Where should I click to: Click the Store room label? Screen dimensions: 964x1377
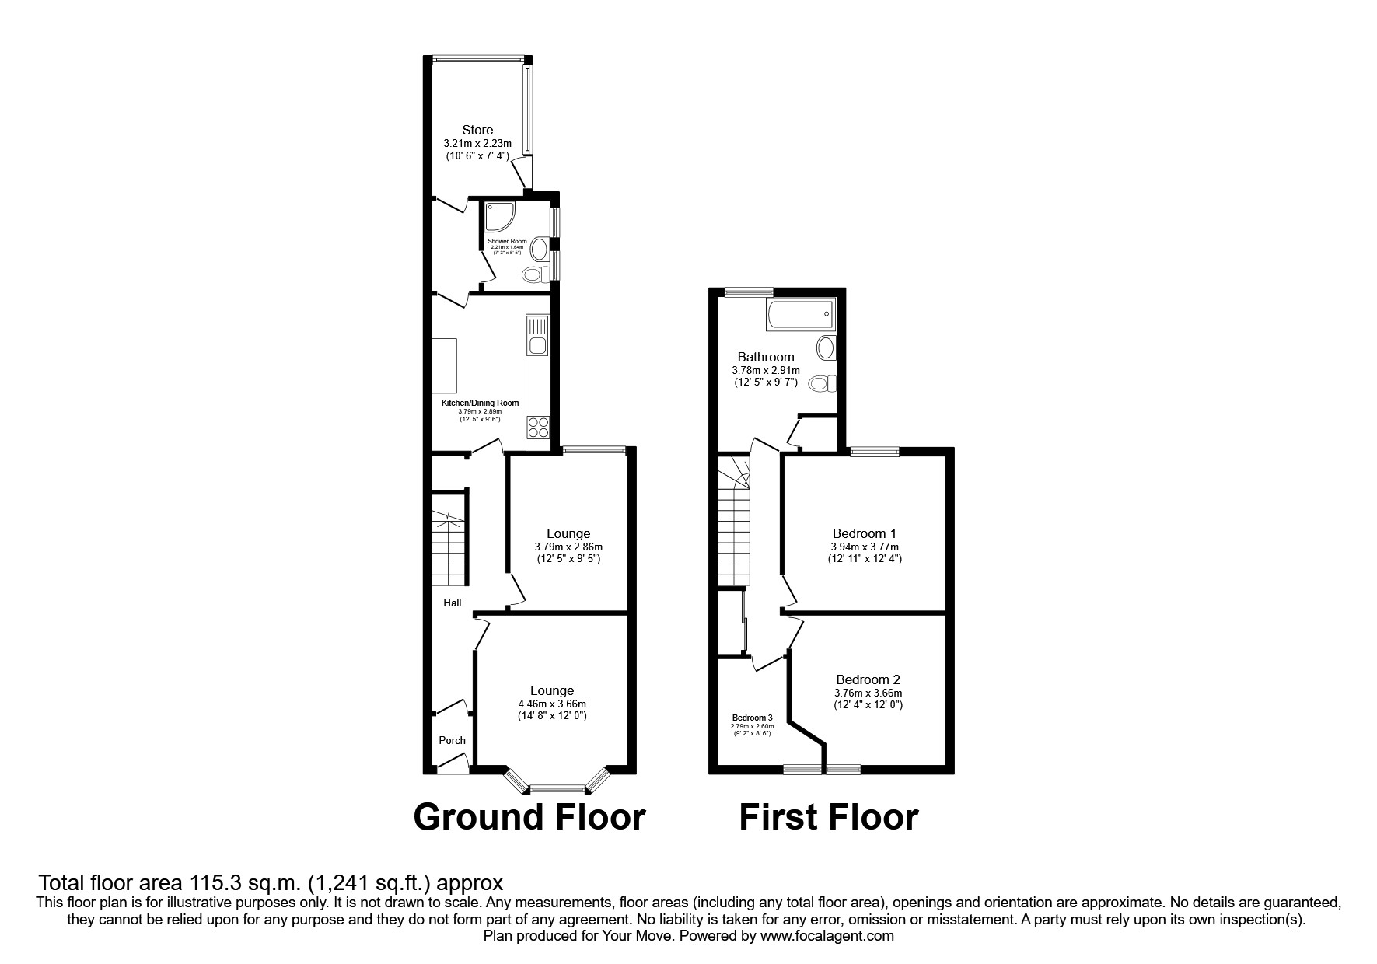tap(477, 130)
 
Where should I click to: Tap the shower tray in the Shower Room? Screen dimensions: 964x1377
tap(498, 217)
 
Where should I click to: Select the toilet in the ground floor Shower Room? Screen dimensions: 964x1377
tap(534, 274)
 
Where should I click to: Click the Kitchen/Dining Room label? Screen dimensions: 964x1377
tap(480, 403)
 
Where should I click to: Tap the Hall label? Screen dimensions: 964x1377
tap(452, 602)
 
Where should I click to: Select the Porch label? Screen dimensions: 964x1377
tap(452, 740)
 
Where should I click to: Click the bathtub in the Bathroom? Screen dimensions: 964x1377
tap(801, 315)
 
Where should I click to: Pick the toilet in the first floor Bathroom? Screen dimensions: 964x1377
tap(821, 383)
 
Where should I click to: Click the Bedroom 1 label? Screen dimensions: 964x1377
tap(864, 533)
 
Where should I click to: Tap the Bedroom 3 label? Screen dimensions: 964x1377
tap(752, 718)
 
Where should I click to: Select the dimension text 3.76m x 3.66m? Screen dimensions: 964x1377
tap(868, 693)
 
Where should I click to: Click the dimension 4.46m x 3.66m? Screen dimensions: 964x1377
tap(552, 704)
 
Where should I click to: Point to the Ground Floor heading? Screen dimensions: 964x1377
tap(529, 817)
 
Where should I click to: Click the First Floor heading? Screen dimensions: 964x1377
tap(828, 817)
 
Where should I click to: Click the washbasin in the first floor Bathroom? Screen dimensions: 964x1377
tap(824, 347)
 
